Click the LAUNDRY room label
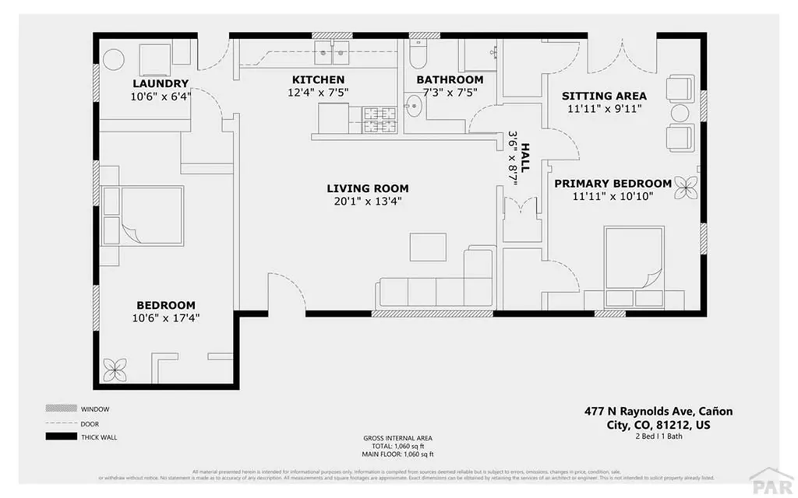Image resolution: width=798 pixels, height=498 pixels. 160,84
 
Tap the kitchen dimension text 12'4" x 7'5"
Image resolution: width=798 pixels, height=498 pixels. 318,93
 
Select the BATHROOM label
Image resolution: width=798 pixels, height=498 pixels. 450,80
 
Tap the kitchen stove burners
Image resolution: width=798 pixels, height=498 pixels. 382,119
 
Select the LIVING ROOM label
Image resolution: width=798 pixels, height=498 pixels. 367,188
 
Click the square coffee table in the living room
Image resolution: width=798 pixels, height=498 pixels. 428,247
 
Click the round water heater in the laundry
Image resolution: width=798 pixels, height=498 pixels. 115,60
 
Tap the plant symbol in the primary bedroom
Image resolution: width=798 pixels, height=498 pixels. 687,184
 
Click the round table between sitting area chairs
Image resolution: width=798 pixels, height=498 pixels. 681,113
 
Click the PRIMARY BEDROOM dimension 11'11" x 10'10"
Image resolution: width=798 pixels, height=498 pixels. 612,197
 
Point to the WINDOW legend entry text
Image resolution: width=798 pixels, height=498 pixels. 95,409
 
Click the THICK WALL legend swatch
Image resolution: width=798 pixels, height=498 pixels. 61,437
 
